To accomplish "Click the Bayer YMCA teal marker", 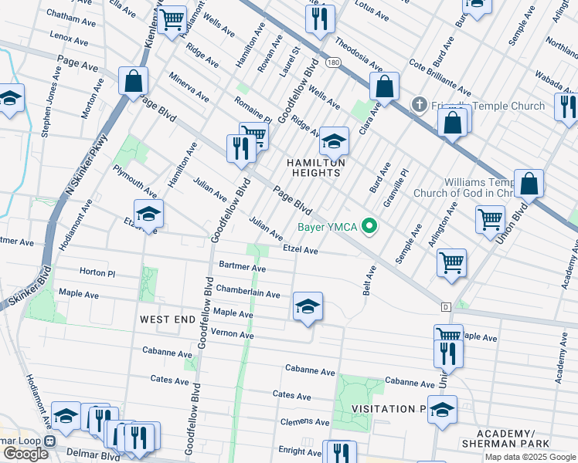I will (370, 227).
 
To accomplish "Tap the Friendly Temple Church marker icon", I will (419, 104).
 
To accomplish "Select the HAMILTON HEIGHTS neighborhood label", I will (313, 167).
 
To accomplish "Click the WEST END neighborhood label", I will (165, 319).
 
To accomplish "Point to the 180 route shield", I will (331, 62).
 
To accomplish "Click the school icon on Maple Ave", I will (308, 307).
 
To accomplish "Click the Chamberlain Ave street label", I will (247, 293).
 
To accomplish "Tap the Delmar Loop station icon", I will (49, 441).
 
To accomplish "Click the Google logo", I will (25, 454).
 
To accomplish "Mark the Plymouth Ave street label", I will (134, 180).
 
